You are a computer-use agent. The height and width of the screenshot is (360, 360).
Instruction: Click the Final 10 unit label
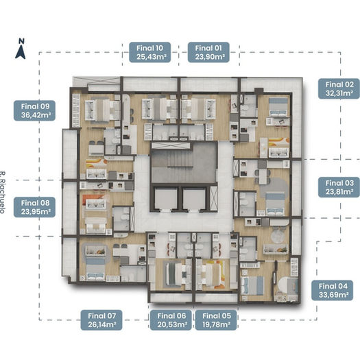click(x=150, y=52)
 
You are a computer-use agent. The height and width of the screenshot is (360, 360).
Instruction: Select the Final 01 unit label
click(x=208, y=52)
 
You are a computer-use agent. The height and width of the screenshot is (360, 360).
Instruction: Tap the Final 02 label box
click(x=339, y=89)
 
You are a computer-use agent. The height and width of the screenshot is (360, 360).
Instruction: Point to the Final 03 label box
click(x=339, y=187)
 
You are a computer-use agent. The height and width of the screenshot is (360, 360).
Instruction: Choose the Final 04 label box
click(x=332, y=291)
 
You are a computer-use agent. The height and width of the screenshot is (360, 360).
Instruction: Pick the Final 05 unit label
click(x=216, y=320)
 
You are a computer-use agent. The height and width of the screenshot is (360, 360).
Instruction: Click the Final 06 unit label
click(x=171, y=320)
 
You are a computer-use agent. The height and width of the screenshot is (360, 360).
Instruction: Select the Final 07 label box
click(x=101, y=320)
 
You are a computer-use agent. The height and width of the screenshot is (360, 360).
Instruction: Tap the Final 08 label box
click(x=35, y=207)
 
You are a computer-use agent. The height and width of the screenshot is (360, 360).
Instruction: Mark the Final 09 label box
click(x=35, y=110)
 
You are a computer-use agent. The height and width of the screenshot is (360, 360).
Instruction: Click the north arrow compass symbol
click(x=21, y=49)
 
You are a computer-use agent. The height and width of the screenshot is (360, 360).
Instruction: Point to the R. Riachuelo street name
click(x=2, y=193)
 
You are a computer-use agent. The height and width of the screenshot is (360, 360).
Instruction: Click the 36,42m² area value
click(x=36, y=115)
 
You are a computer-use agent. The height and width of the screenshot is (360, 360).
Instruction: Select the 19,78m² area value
click(x=217, y=324)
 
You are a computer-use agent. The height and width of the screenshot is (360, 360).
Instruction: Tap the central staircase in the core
click(x=180, y=160)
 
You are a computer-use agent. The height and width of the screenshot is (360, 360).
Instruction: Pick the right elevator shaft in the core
click(x=194, y=198)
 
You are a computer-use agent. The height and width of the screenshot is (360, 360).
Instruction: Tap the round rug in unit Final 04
click(x=278, y=235)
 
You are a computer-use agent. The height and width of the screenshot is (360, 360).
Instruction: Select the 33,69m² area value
click(x=333, y=295)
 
